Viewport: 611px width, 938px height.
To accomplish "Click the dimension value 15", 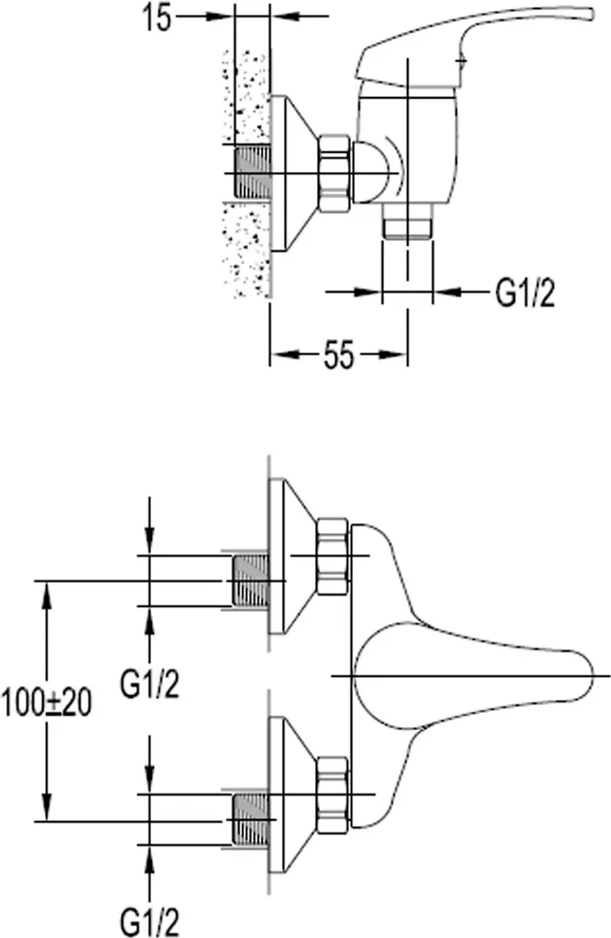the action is pos(157,17).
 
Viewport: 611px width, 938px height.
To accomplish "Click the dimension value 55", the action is pos(339,354).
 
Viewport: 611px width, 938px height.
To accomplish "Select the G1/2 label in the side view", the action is pos(525,292).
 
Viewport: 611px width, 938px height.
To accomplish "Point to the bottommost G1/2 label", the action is pos(149,922).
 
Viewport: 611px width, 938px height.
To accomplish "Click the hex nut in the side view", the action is pos(333,173).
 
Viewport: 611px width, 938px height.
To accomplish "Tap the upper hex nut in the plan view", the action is pos(333,556).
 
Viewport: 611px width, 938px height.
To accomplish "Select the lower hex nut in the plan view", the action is pos(333,795).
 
